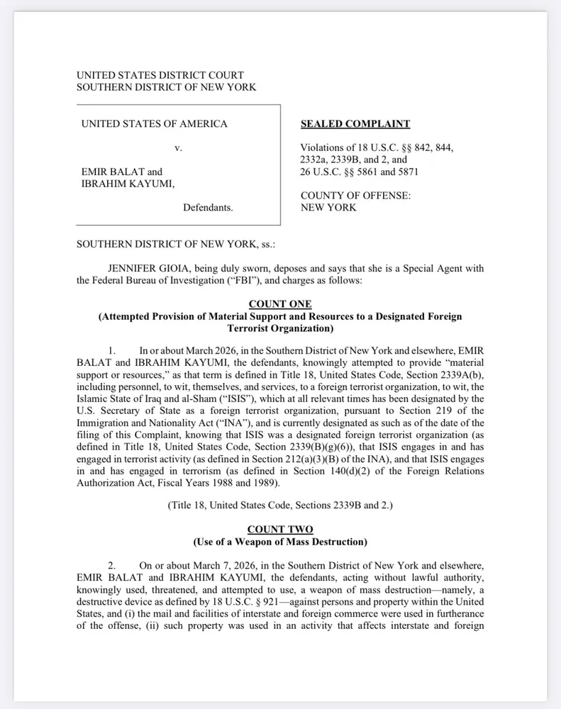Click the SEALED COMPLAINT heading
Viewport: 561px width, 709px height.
click(355, 124)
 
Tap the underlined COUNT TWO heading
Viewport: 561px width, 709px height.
click(280, 530)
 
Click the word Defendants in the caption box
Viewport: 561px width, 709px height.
click(208, 208)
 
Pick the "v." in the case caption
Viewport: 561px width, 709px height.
click(179, 148)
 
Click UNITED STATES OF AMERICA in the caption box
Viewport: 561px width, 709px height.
click(155, 124)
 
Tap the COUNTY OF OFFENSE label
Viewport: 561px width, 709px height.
click(355, 196)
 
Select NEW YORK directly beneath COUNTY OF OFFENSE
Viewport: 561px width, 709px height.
click(328, 208)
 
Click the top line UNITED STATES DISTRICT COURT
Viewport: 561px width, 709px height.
click(160, 75)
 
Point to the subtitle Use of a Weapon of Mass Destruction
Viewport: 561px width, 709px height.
click(280, 542)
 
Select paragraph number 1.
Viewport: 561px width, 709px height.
click(111, 350)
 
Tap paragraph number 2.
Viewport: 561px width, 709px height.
click(111, 566)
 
